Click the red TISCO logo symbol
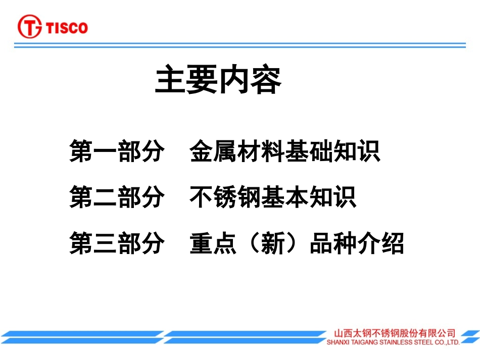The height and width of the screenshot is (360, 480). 30,27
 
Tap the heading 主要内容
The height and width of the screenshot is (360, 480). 218,80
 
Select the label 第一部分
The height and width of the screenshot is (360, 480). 117,151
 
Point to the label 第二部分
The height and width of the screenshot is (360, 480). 117,197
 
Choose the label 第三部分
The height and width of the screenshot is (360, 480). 117,243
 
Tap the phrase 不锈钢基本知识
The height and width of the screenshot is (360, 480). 273,197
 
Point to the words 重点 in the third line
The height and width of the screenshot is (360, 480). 213,243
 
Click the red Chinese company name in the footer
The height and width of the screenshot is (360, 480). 394,333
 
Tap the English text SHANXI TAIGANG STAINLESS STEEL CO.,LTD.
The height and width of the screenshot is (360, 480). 393,342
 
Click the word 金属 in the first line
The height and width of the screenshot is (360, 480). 213,151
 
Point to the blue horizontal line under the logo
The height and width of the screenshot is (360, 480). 240,45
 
